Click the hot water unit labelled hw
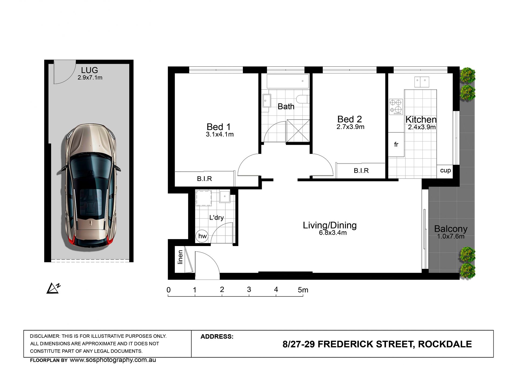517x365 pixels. tap(202, 236)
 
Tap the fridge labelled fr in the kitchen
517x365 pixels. tap(396, 145)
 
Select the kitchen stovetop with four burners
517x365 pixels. tap(396, 107)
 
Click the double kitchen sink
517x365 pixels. tap(422, 82)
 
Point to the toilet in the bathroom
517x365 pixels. tap(303, 99)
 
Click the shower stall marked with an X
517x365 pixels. tap(298, 131)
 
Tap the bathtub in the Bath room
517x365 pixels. tap(288, 81)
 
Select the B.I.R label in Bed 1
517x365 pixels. tap(204, 179)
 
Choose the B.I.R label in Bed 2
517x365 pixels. tap(361, 171)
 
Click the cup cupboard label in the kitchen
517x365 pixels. tap(445, 170)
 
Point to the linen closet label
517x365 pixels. tap(180, 257)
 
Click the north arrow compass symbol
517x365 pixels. tap(53, 288)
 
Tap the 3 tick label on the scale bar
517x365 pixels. tap(249, 290)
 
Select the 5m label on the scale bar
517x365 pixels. tap(303, 290)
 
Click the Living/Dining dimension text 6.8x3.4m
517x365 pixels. tap(333, 233)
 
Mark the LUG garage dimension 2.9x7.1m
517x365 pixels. tap(90, 78)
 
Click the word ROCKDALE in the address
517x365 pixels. tap(445, 344)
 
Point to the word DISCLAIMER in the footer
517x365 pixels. tap(44, 336)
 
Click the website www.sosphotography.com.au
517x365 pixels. tap(113, 360)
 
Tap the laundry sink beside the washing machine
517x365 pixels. tap(225, 196)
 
